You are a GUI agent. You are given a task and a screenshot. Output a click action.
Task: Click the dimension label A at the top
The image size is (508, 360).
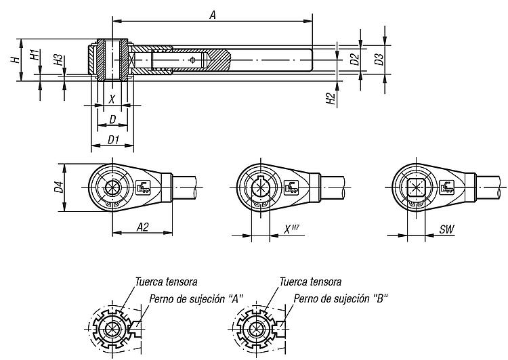pyautogui.click(x=212, y=15)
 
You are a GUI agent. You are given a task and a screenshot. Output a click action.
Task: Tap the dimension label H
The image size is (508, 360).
pyautogui.click(x=14, y=60)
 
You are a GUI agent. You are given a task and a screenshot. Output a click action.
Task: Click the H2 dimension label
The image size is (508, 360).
pyautogui.click(x=331, y=99)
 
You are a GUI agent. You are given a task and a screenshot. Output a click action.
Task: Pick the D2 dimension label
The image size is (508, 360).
pyautogui.click(x=354, y=60)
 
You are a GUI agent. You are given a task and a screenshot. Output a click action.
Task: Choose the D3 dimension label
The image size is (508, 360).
pyautogui.click(x=379, y=59)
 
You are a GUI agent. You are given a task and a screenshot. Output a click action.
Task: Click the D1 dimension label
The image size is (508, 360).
pyautogui.click(x=114, y=139)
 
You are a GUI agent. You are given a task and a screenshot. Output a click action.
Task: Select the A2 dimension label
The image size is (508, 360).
pyautogui.click(x=142, y=228)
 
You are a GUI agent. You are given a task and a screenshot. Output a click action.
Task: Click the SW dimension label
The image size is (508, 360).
pyautogui.click(x=446, y=230)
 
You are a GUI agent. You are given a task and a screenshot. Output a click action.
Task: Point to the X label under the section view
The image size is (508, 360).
pyautogui.click(x=112, y=99)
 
